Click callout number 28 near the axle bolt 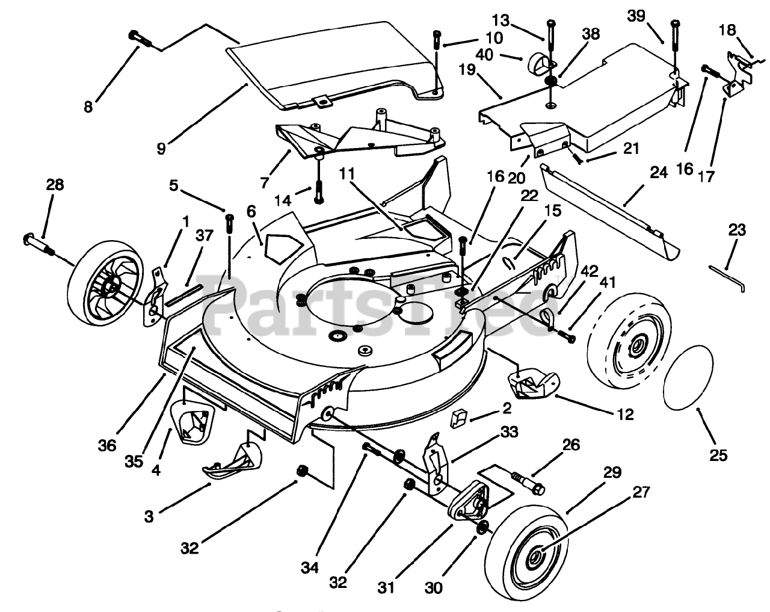tap(55, 185)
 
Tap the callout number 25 tap(718, 455)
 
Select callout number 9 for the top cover tap(161, 149)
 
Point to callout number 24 tap(659, 173)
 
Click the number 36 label tap(107, 445)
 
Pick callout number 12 tap(626, 415)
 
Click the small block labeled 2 tap(458, 419)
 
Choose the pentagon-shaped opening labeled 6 tap(283, 248)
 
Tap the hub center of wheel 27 tap(536, 556)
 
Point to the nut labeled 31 tap(408, 485)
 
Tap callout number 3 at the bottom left tap(149, 516)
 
